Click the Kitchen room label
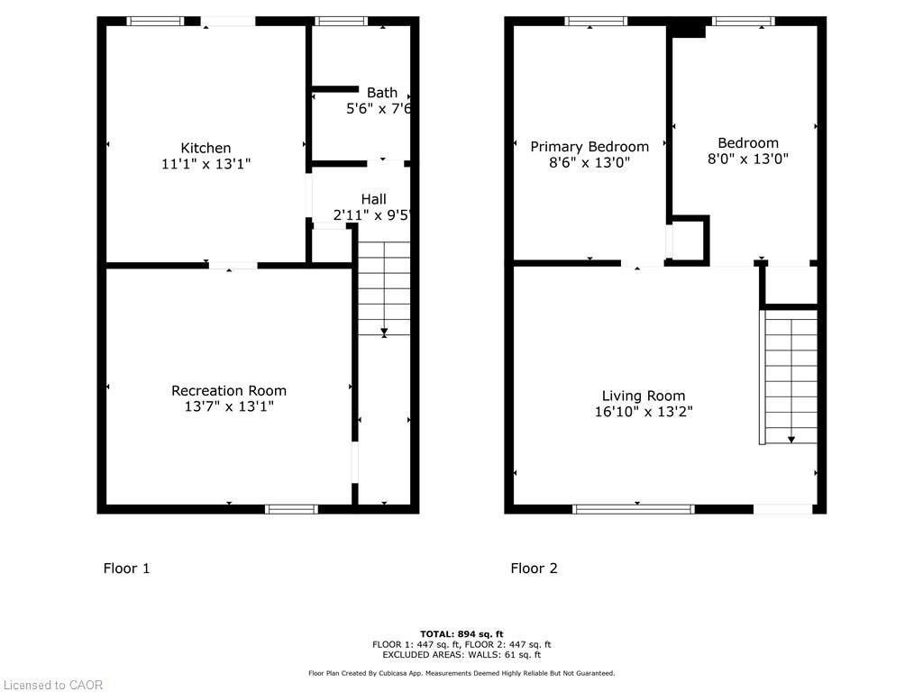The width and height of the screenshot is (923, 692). [x=206, y=148]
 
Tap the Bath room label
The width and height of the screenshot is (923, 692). [x=381, y=92]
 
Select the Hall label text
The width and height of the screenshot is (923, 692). [x=373, y=199]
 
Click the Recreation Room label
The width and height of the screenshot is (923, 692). [x=229, y=390]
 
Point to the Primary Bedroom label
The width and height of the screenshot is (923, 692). [x=589, y=147]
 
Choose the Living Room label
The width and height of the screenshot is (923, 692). [x=644, y=396]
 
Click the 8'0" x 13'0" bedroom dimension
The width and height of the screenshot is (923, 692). [x=748, y=159]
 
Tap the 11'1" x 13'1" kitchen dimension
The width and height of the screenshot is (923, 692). [x=206, y=164]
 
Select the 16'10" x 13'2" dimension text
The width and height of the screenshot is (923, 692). [x=644, y=412]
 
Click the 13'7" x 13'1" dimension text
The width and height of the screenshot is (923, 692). [x=229, y=406]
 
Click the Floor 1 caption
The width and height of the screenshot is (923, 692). [x=126, y=568]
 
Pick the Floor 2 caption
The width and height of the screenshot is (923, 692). [x=534, y=568]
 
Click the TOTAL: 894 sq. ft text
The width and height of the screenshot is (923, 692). [x=461, y=633]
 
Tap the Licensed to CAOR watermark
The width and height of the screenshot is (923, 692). [x=52, y=685]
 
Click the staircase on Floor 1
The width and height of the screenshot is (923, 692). [x=384, y=287]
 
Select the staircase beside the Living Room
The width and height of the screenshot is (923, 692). [x=790, y=376]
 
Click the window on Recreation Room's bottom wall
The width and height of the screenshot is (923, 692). [x=291, y=509]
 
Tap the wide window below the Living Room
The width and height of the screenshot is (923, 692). [x=634, y=509]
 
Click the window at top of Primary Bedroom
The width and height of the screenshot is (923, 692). [x=596, y=21]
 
